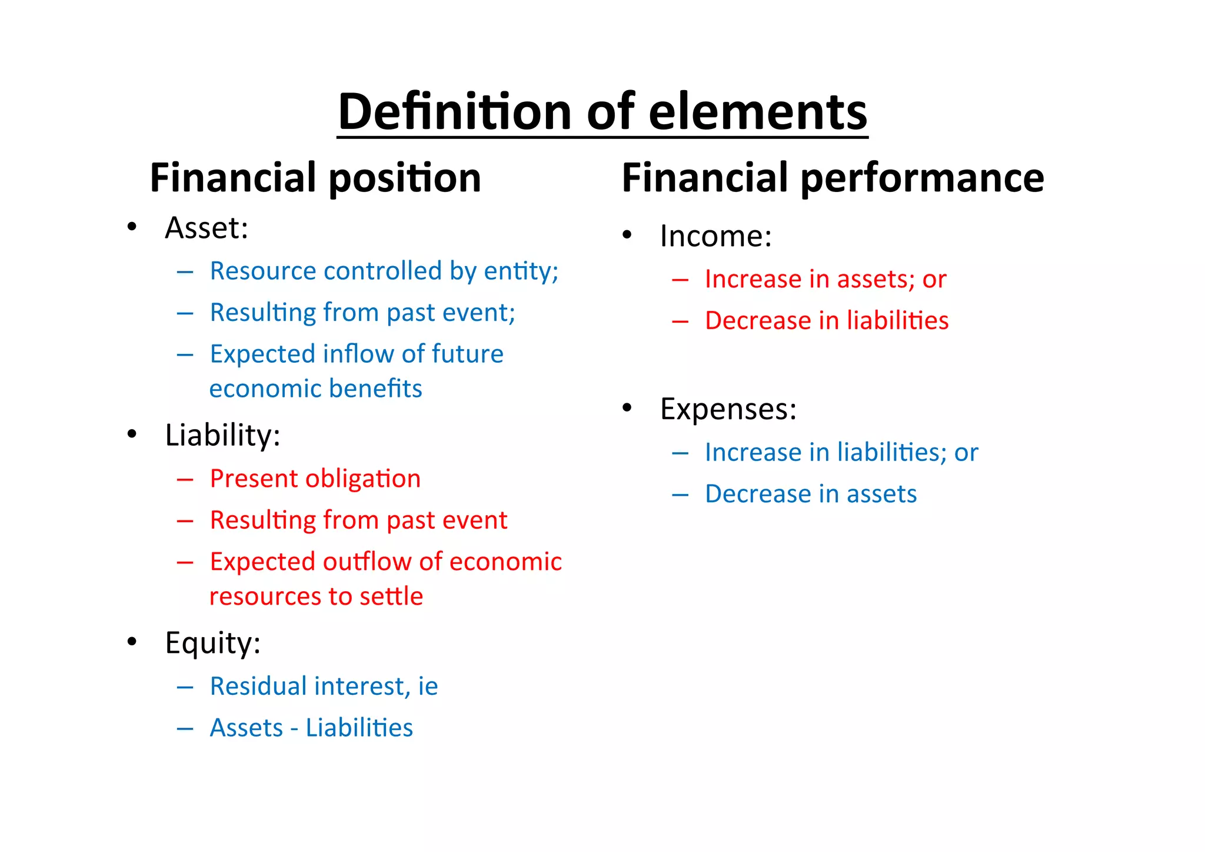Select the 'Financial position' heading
(315, 178)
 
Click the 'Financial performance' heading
(833, 178)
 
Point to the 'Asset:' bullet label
(207, 228)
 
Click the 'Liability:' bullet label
(222, 435)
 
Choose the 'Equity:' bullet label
(212, 642)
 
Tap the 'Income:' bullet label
(715, 236)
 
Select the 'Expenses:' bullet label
(728, 409)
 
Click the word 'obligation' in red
(367, 479)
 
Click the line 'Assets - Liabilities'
(311, 728)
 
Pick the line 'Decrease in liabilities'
(827, 321)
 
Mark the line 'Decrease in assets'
(811, 494)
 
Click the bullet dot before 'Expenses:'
(627, 407)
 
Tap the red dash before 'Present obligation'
(185, 480)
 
